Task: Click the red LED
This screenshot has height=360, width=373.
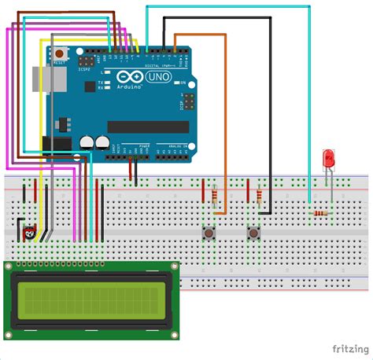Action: pos(328,160)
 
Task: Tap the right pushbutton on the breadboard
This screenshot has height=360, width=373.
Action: pos(253,233)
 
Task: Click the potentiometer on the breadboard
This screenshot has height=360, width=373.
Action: pos(30,233)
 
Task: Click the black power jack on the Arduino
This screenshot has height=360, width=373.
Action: pos(56,145)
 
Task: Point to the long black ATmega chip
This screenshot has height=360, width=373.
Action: pos(148,127)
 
